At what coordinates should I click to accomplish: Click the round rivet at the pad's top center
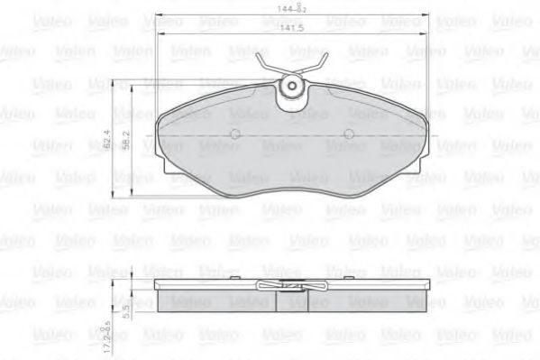click(291, 88)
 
